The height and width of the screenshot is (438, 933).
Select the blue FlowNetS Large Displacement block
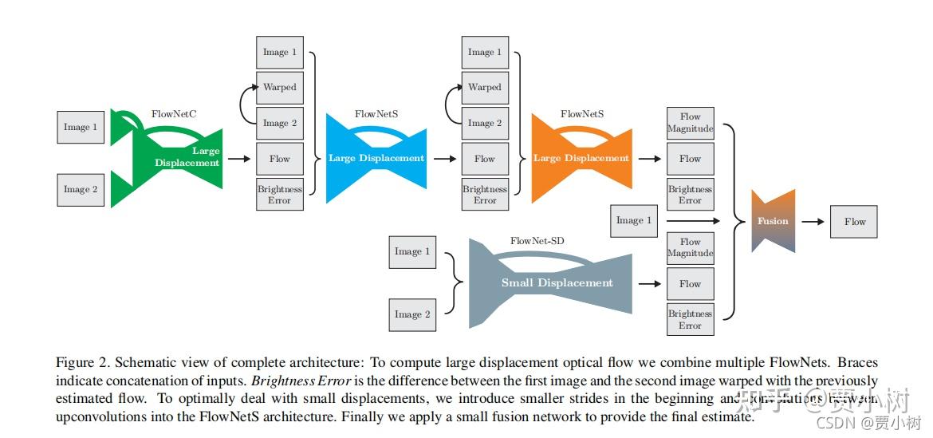point(376,158)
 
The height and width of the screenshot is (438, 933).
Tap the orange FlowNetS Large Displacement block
point(581,158)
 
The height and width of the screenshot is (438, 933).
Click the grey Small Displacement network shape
point(556,282)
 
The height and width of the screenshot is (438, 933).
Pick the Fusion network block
point(773,221)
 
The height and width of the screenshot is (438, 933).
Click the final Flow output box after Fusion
point(854,222)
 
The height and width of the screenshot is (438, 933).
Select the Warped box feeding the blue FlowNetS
point(279,88)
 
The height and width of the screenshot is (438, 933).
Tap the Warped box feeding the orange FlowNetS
point(484,88)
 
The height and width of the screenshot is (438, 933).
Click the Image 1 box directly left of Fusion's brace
point(634,220)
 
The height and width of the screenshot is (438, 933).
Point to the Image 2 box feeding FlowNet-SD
point(412,314)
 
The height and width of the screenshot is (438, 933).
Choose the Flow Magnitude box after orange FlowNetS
point(690,123)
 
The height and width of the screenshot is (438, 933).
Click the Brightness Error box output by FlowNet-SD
point(690,319)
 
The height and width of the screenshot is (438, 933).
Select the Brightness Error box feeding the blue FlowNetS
point(279,195)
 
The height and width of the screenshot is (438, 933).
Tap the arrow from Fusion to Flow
point(813,222)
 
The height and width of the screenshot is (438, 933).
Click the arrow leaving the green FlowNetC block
point(238,159)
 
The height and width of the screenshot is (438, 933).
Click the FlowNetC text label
point(174,114)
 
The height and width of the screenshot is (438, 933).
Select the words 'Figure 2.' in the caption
point(79,362)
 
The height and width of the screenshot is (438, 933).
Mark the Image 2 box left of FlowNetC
point(81,190)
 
